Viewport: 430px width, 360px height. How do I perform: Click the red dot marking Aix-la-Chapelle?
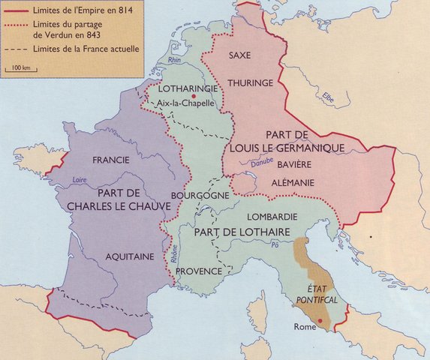click(194, 97)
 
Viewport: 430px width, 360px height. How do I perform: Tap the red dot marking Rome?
click(321, 321)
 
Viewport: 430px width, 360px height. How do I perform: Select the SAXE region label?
click(239, 55)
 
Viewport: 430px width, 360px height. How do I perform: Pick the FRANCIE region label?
click(111, 160)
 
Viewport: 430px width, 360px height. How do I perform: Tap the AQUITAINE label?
click(129, 256)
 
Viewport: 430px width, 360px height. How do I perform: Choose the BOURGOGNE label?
click(199, 194)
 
